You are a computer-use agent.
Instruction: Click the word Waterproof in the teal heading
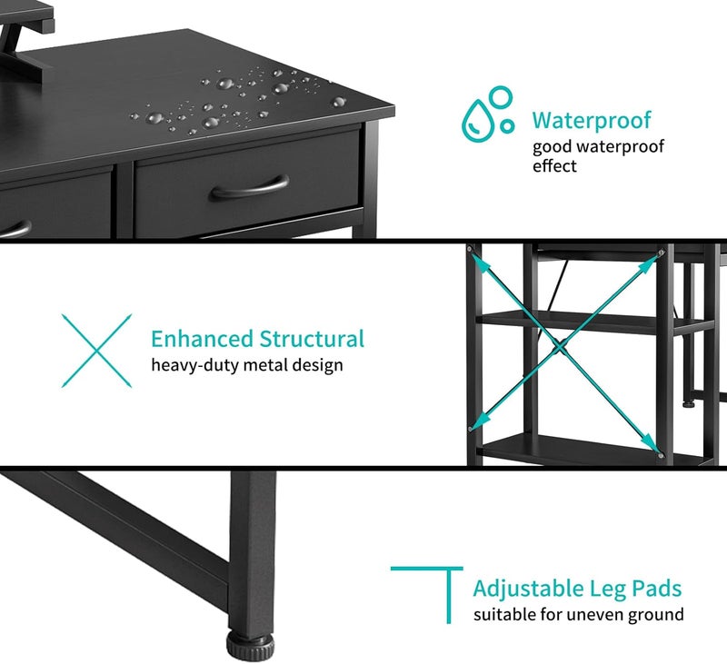tap(592, 121)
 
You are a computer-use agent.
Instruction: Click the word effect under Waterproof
tap(554, 165)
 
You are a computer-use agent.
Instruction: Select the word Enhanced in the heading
tap(202, 339)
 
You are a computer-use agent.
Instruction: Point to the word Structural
tap(312, 339)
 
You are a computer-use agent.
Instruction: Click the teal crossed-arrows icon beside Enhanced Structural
tap(97, 351)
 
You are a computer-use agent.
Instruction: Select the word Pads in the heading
tap(657, 588)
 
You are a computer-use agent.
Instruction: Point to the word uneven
tap(595, 615)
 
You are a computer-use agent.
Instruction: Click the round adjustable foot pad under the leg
tap(251, 646)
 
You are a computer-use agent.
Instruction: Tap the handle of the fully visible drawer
tap(250, 188)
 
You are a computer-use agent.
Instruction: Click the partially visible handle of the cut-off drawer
tap(16, 229)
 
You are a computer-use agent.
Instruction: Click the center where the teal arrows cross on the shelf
tap(561, 347)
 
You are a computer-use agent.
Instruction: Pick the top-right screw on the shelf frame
tap(662, 253)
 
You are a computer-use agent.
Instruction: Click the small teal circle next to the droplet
tap(508, 125)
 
